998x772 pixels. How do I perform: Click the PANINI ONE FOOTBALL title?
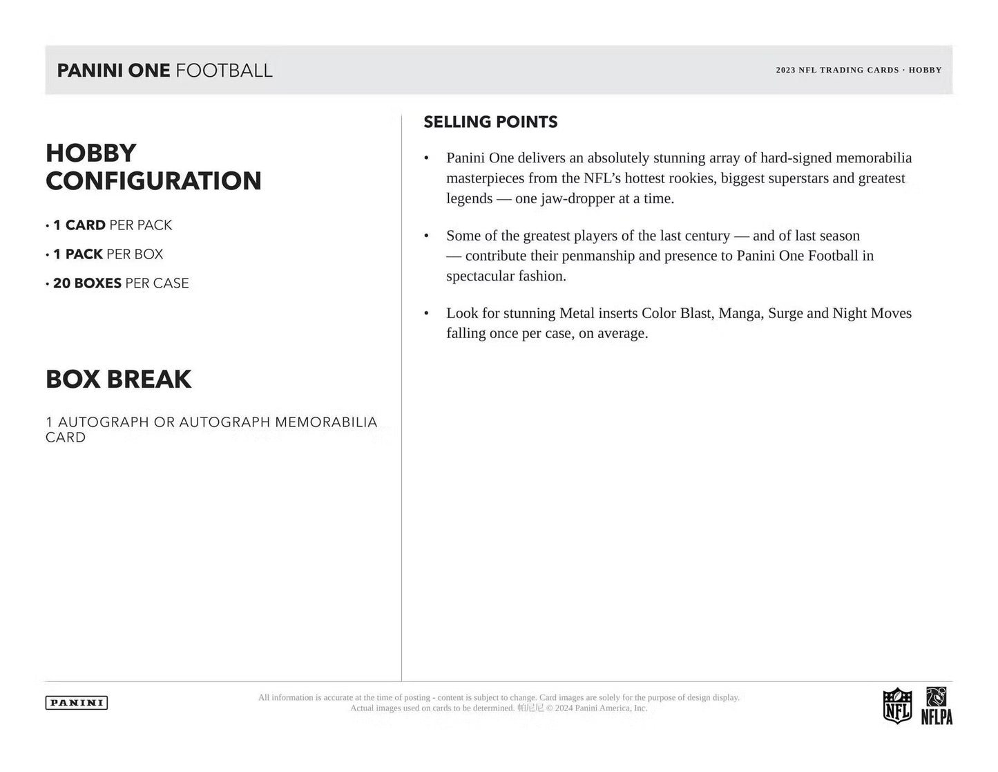[x=164, y=70]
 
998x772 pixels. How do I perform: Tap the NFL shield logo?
[x=897, y=706]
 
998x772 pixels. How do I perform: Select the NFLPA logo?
[x=937, y=706]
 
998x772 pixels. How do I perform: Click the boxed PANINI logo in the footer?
[x=77, y=703]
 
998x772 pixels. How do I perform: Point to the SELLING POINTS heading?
[x=490, y=122]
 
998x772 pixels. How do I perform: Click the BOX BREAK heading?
[x=119, y=379]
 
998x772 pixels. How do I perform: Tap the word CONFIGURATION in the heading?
[x=153, y=181]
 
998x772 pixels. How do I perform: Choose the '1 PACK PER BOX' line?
[x=108, y=254]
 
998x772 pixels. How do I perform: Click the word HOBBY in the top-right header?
[x=925, y=70]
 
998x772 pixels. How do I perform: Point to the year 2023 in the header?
[x=786, y=70]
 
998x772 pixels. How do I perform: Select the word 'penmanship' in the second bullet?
[x=597, y=256]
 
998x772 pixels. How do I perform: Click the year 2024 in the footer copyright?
[x=564, y=708]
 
